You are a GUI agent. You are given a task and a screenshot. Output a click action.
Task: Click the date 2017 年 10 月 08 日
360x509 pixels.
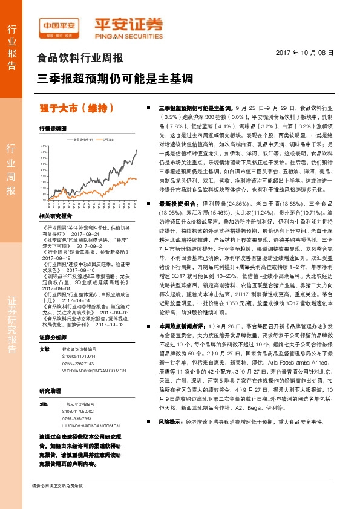pos(309,53)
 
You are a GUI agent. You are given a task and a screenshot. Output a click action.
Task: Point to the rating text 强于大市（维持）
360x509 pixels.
pos(77,108)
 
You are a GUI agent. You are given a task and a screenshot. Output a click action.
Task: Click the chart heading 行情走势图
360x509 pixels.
pos(51,129)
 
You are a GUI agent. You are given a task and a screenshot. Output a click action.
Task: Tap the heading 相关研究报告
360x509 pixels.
pos(56,215)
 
